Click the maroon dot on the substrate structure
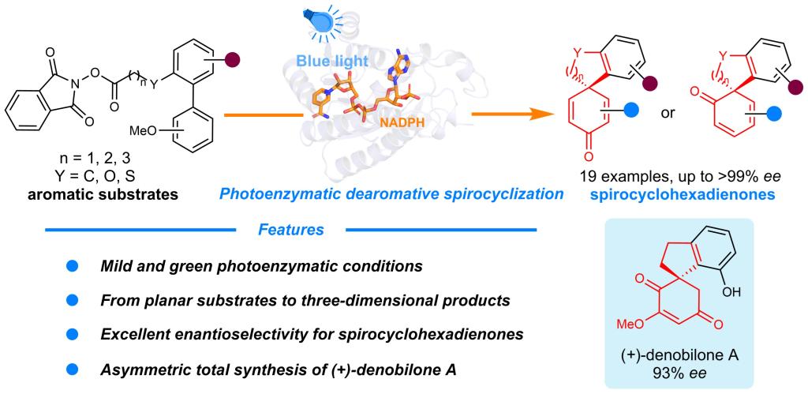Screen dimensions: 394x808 click(x=235, y=58)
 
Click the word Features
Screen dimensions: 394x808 click(x=291, y=231)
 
